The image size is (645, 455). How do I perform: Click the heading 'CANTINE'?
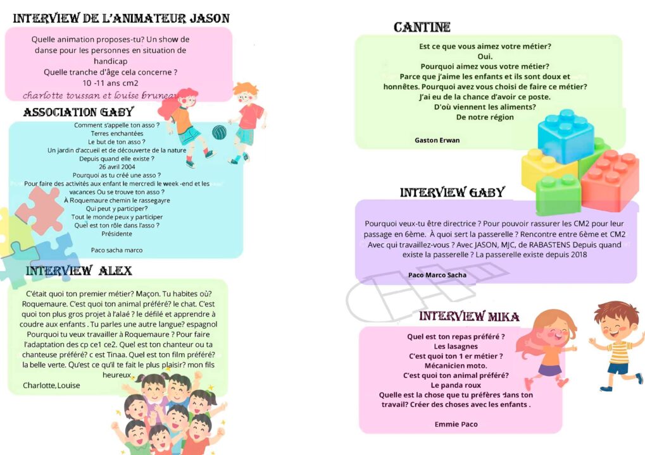[422, 27]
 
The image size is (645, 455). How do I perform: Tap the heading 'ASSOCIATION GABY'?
[78, 112]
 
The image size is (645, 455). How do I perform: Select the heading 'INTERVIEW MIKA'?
[469, 316]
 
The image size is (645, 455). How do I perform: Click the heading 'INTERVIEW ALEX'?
[79, 270]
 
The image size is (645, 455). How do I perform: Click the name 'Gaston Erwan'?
[437, 140]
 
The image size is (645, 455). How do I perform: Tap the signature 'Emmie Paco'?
[456, 424]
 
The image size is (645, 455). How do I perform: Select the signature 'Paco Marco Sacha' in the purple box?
[437, 275]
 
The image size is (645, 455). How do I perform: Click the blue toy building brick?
[565, 135]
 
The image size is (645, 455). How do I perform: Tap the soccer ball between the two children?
[219, 132]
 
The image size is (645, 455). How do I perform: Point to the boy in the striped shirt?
[617, 344]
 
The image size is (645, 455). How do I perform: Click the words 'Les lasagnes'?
[456, 346]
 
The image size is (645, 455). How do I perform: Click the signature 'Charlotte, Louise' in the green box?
[51, 385]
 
